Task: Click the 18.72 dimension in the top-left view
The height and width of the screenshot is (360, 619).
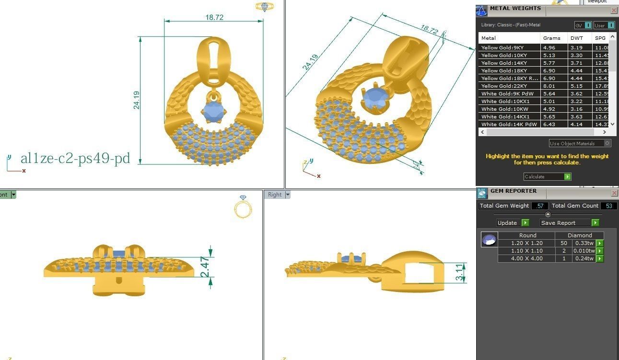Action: point(214,17)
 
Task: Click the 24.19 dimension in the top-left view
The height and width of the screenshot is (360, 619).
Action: point(137,100)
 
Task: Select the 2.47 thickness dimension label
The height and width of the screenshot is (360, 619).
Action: point(205,267)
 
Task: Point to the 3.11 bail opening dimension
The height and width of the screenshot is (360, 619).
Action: point(460,272)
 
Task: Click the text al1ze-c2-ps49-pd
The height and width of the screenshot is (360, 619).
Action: point(75,158)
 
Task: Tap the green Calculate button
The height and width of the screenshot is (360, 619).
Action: point(568,177)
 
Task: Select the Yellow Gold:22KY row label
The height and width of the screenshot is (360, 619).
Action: point(502,86)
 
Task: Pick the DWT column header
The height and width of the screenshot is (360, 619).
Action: point(576,38)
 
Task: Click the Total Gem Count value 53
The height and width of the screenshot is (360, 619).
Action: point(609,206)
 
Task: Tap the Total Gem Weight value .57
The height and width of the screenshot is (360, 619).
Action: point(540,206)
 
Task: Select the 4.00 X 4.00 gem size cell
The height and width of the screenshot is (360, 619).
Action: point(526,258)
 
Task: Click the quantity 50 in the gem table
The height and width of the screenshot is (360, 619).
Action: point(563,243)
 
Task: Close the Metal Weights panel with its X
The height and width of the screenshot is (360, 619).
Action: point(614,10)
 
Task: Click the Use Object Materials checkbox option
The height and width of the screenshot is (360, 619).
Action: point(607,143)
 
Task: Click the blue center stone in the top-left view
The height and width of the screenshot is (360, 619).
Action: point(213,112)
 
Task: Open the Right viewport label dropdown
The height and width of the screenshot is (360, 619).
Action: point(288,195)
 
